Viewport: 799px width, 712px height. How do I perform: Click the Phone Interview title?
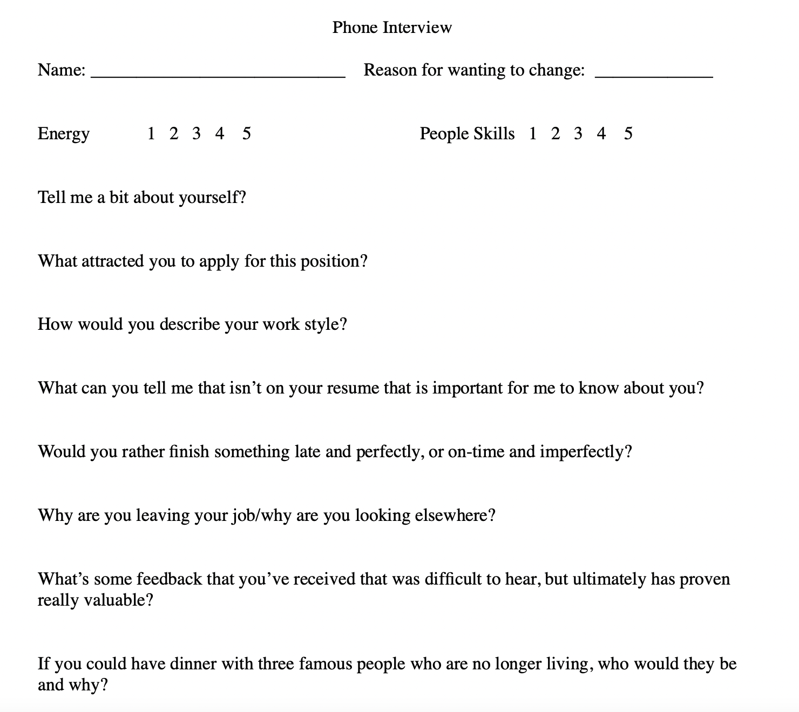(x=392, y=27)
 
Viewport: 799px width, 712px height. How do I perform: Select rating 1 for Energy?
(x=151, y=133)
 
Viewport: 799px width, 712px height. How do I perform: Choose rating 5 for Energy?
(x=246, y=133)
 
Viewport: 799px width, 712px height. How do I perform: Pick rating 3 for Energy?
(x=196, y=133)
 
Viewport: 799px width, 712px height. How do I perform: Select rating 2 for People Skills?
(x=556, y=133)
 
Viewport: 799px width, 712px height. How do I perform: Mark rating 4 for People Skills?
(x=601, y=133)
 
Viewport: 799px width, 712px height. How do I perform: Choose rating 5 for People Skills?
(x=628, y=133)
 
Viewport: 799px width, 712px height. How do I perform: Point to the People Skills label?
(x=467, y=134)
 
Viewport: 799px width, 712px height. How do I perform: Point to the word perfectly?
(x=388, y=452)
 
